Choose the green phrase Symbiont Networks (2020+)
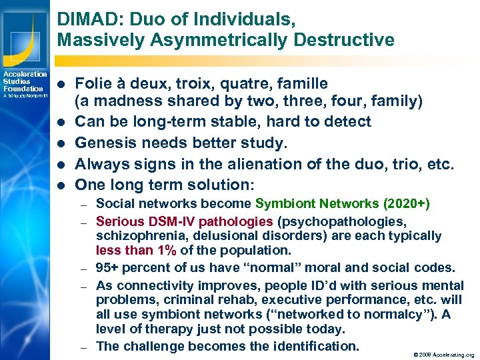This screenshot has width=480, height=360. point(342,204)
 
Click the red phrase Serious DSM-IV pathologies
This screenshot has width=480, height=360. point(185,221)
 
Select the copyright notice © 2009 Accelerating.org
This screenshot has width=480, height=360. point(443,355)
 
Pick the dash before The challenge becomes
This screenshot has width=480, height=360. point(83,347)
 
